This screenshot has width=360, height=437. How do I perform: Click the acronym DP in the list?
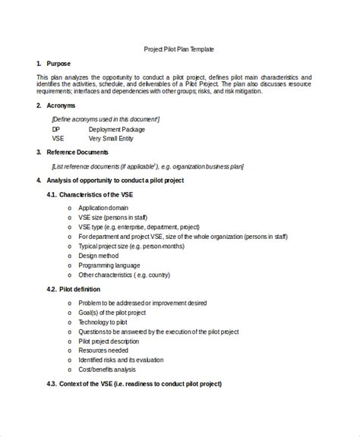[x=55, y=130]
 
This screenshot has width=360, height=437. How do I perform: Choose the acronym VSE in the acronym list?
[x=58, y=140]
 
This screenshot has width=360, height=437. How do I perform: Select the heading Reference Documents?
[x=77, y=152]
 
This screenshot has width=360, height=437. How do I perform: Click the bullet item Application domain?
[x=103, y=207]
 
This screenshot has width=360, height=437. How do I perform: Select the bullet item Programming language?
[x=109, y=266]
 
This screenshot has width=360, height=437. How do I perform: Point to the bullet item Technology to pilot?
[x=104, y=322]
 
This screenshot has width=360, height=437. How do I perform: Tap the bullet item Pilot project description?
[x=109, y=341]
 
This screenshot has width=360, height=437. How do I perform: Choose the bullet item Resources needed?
[x=103, y=351]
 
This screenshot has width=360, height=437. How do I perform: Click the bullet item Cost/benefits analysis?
[x=107, y=369]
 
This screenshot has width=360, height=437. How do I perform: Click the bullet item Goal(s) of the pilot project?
[x=112, y=312]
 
